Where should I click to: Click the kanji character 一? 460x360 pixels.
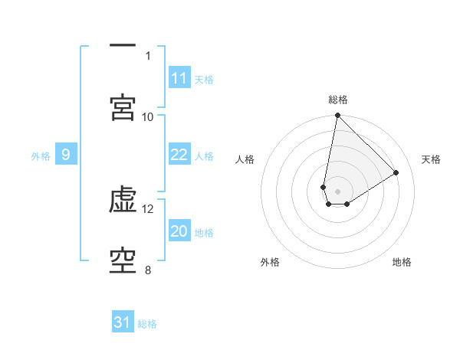(x=123, y=47)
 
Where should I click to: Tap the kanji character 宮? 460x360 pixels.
(x=123, y=106)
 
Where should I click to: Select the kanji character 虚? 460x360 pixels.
(x=123, y=201)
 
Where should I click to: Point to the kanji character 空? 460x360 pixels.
(x=123, y=261)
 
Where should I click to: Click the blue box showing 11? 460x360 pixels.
(x=179, y=78)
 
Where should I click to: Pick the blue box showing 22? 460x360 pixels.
(x=179, y=155)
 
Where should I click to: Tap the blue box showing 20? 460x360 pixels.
(x=179, y=231)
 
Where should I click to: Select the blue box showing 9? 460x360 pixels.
(x=66, y=155)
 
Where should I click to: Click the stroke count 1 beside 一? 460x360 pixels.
(x=148, y=55)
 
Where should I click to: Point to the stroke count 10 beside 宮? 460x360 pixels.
(x=148, y=116)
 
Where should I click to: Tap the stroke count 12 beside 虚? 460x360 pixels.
(x=148, y=208)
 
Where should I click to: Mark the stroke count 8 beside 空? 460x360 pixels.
(x=148, y=270)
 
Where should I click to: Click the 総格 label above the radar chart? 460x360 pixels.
(x=338, y=100)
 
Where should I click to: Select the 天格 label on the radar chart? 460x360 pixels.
(x=431, y=159)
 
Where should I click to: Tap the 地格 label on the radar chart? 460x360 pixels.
(x=402, y=262)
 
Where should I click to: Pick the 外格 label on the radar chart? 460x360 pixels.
(x=270, y=262)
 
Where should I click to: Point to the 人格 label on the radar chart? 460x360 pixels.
(x=245, y=159)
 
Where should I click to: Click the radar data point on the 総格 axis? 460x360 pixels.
(x=337, y=116)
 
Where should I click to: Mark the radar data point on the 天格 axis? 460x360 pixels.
(x=396, y=172)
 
